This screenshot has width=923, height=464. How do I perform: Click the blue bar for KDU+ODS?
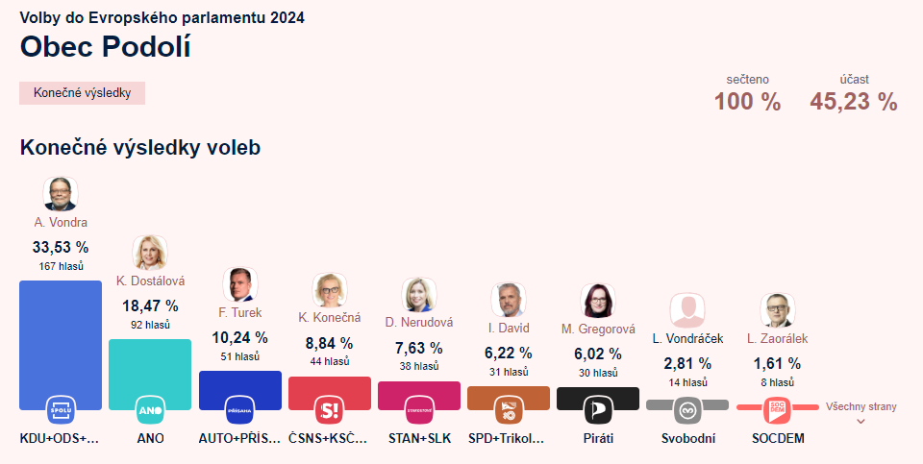click(x=61, y=336)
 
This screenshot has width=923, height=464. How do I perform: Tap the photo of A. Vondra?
click(x=61, y=194)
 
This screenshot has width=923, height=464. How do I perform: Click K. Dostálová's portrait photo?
click(x=150, y=253)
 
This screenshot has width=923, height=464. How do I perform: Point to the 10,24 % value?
click(x=239, y=337)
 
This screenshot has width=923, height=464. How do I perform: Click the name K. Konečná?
click(x=329, y=318)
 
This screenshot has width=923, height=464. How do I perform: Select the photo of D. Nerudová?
click(x=418, y=295)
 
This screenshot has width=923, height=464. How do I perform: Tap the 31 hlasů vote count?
click(x=508, y=372)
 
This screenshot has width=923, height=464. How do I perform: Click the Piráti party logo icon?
click(x=598, y=411)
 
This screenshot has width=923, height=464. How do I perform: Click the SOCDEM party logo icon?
click(x=777, y=411)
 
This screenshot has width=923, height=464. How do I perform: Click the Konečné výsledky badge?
click(x=82, y=93)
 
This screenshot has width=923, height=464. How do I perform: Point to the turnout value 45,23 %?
click(x=854, y=102)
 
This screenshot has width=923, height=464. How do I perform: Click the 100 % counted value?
click(x=747, y=102)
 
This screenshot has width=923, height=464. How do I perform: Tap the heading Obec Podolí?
click(x=105, y=47)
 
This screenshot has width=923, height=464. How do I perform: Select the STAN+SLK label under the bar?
click(x=418, y=439)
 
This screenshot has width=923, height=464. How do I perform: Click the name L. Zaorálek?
click(x=777, y=338)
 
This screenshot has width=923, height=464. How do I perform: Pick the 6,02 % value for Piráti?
click(x=598, y=353)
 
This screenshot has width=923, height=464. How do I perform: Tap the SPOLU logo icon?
click(x=61, y=411)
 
